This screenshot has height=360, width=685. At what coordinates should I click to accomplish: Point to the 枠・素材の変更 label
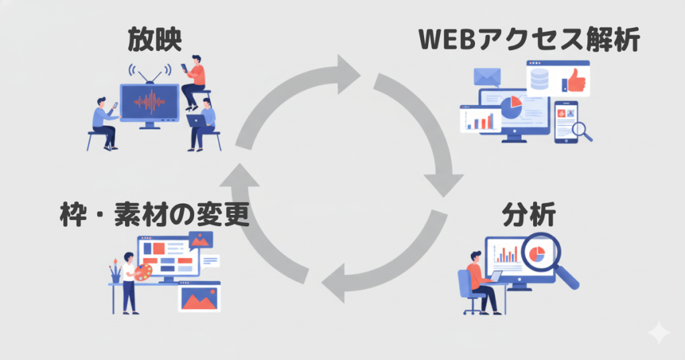click(153, 215)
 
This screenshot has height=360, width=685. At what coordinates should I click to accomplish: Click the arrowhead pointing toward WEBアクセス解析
click(347, 73)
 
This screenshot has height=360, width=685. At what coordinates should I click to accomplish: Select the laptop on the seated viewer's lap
click(196, 121)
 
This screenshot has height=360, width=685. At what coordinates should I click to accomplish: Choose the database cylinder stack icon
click(539, 81)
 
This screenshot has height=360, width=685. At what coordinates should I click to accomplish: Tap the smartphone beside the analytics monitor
click(565, 120)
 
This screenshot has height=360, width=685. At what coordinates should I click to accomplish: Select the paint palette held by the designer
click(143, 270)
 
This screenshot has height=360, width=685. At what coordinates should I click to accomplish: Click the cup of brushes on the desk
click(115, 274)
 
